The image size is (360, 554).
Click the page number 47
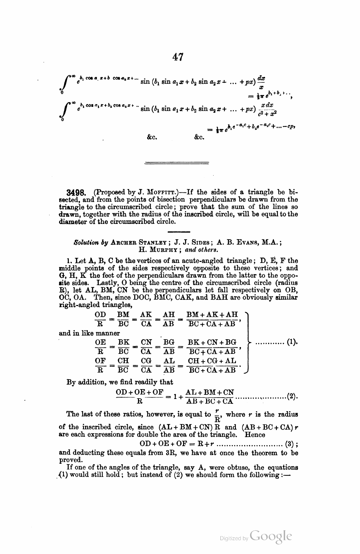tap(178, 57)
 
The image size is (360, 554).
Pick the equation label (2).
tap(292, 396)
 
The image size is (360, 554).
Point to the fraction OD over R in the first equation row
tap(101, 319)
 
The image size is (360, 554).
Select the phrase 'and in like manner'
tap(89, 333)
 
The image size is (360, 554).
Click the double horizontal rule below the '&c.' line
tap(177, 164)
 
